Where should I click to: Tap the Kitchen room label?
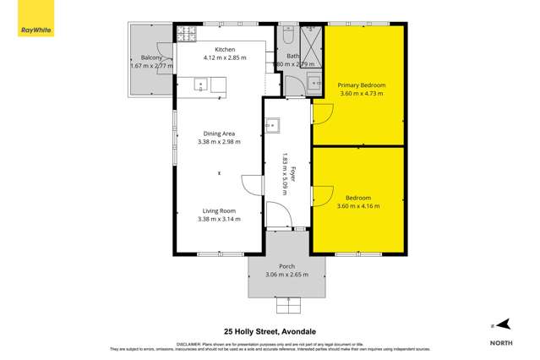(x=224, y=49)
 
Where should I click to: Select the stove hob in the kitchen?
(x=185, y=35)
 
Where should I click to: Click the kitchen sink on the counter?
(x=201, y=83)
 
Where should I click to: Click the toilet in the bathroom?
(x=287, y=36)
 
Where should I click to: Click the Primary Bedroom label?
(x=361, y=85)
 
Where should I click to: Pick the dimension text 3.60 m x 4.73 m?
(x=361, y=94)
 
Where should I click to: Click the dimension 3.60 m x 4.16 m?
(x=358, y=205)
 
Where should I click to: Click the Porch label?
(x=287, y=265)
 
